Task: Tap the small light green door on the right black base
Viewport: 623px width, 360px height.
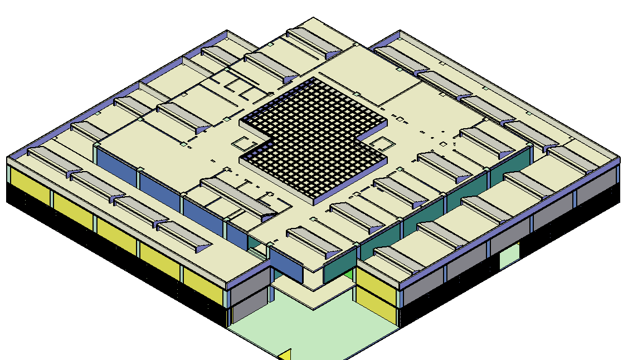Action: coord(509,257)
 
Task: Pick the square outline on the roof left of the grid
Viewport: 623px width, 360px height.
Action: coord(241,143)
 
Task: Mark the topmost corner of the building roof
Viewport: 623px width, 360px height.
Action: coord(314,17)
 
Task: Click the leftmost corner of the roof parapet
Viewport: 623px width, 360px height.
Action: coord(8,158)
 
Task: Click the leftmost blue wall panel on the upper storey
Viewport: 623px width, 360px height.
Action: coord(117,167)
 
